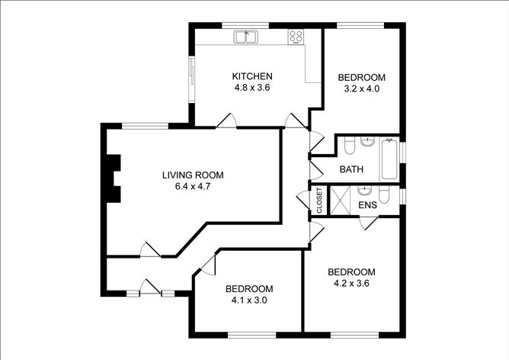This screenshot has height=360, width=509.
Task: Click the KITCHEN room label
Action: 252,76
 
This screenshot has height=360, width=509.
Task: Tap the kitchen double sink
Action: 245,37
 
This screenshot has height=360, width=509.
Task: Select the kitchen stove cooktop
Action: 296,37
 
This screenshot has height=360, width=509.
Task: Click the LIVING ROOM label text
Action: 193,175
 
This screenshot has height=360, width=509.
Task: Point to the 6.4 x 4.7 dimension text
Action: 193,187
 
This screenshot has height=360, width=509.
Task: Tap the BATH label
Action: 351,169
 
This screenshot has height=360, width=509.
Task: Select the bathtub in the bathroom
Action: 389,160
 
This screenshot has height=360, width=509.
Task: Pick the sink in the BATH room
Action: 367,142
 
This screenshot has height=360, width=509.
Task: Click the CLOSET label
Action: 319,201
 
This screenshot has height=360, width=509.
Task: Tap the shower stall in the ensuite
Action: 340,200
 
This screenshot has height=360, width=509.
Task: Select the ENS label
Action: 368,205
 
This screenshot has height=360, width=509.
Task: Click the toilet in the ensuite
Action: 384,194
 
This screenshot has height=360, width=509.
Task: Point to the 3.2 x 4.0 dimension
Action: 362,88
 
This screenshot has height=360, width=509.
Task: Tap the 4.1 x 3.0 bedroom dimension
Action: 249,301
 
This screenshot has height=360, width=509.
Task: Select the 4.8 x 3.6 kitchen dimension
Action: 252,88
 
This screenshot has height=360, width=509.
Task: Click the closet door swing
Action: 303,200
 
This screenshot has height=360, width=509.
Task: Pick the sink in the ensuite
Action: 365,191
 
